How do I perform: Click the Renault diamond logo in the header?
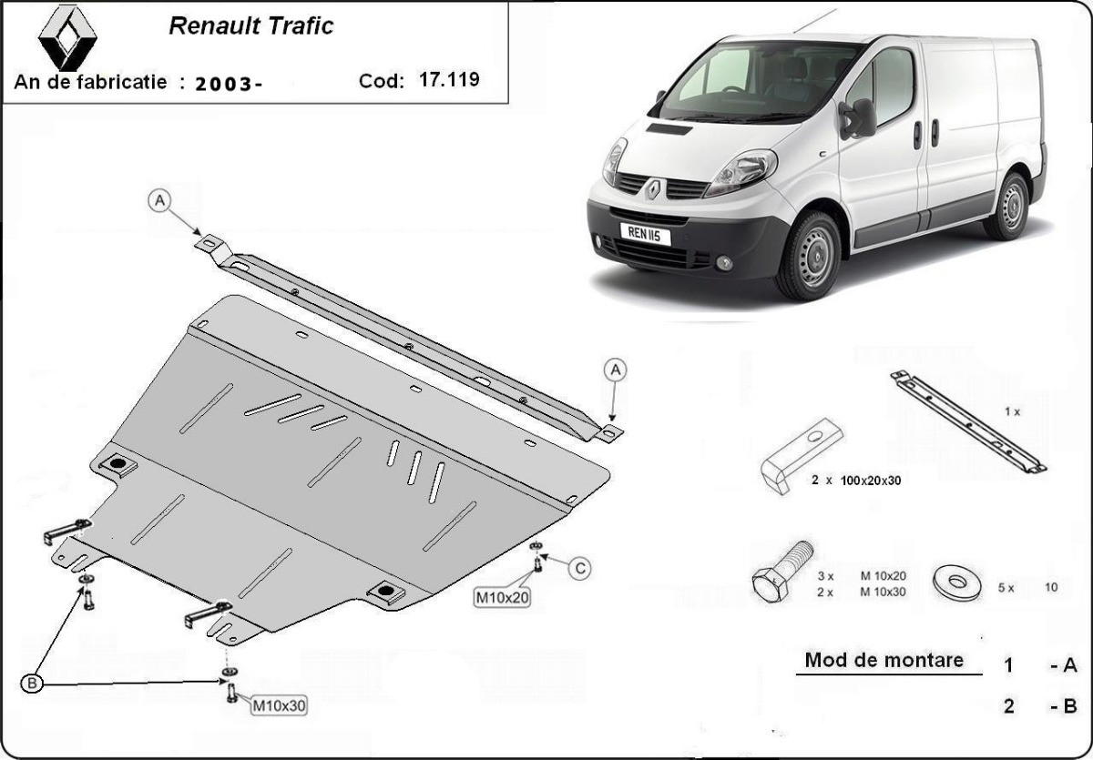coord(67,38)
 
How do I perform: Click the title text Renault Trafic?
coord(250,25)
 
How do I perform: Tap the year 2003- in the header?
coord(229,85)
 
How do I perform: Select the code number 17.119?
coord(449,79)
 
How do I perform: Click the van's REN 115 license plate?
coord(645,234)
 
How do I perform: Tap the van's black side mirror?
coord(858,119)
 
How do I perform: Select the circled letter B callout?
coord(32,684)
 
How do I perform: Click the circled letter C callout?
coord(580,569)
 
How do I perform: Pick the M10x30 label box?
coord(279,705)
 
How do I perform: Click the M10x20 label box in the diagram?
coord(503,597)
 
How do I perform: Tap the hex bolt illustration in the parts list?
coord(781,572)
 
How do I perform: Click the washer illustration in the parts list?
coord(957,583)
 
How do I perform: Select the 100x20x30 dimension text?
coord(871,481)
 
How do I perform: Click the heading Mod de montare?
coord(884,660)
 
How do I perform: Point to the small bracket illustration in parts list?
coord(801,455)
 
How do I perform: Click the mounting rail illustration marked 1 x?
coord(968,421)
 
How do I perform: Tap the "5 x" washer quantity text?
coord(1006,588)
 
